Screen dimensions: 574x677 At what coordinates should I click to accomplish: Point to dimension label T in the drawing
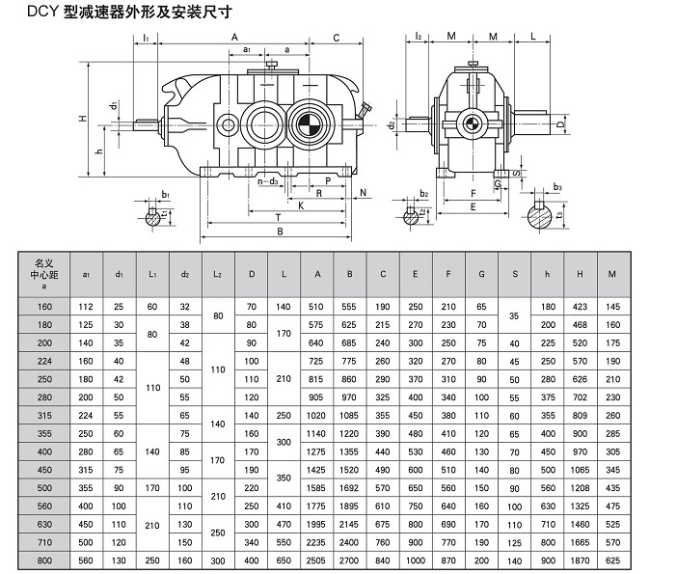pos(278,217)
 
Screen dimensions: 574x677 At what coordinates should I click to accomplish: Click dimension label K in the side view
pos(300,205)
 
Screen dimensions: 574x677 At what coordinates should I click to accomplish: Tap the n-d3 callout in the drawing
pos(269,180)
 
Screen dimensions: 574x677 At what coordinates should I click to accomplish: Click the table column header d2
pos(185,274)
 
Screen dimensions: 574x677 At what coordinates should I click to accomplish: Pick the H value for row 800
pos(581,560)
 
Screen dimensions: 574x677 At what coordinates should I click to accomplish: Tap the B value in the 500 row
pos(349,487)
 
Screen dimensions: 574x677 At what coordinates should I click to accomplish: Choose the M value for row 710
pos(611,542)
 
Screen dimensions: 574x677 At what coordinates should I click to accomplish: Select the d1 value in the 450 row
pos(119,470)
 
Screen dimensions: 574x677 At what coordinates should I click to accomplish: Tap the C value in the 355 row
pos(382,433)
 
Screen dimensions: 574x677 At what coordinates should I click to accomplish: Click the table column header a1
pos(85,274)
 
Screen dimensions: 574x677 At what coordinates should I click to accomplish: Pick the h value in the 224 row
pos(548,361)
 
